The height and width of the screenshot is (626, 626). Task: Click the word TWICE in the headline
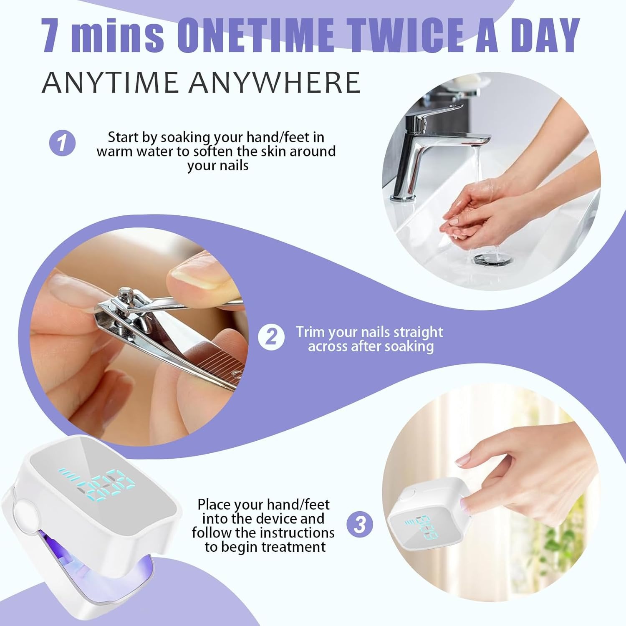408,35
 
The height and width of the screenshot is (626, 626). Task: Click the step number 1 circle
63,143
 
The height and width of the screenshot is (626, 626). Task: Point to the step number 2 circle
271,337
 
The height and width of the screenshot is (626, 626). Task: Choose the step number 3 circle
360,524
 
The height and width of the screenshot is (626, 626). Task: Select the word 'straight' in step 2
419,333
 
